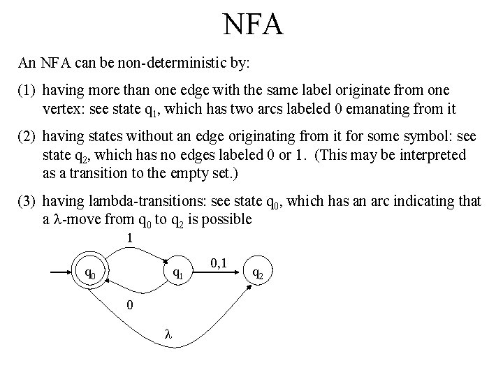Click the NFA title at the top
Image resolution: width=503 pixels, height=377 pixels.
(252, 25)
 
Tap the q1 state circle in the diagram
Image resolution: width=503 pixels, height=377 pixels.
(178, 273)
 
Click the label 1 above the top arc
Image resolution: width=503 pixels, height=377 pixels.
(130, 238)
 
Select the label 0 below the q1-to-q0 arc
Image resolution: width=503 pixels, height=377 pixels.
(128, 305)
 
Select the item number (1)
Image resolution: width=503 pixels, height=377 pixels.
(27, 91)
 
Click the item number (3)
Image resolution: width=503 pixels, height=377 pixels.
(27, 202)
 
